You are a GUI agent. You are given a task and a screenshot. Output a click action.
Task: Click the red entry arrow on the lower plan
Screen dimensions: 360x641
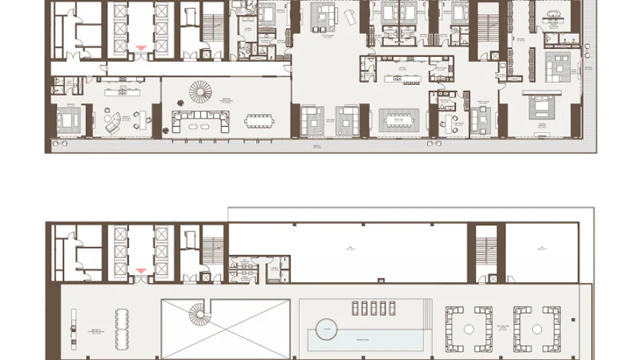pyautogui.click(x=141, y=271)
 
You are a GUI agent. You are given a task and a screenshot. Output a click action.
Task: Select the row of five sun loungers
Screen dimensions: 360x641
pyautogui.click(x=369, y=307)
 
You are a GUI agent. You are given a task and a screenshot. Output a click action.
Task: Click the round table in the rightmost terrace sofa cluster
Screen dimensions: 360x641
pyautogui.click(x=537, y=328)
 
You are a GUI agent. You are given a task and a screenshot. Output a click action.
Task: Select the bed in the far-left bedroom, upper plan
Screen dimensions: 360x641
pyautogui.click(x=68, y=121)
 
